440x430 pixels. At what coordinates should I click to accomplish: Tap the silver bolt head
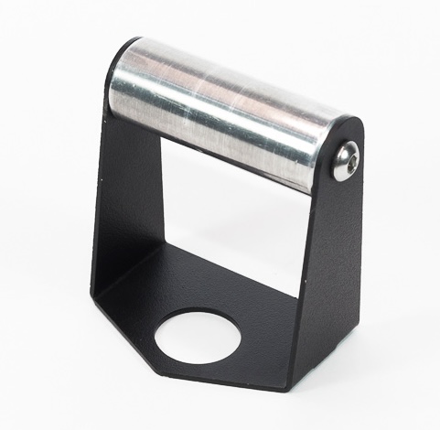click(345, 163)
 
